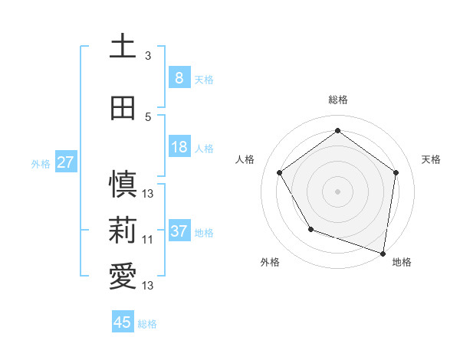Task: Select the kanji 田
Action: tap(123, 108)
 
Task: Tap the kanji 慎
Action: tap(123, 185)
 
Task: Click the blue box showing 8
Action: tap(179, 77)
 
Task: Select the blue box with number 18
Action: tap(179, 148)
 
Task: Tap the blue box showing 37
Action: tap(179, 231)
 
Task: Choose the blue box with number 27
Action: tap(65, 162)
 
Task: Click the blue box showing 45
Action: tap(123, 322)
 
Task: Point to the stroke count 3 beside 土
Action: tap(148, 56)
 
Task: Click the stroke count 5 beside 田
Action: tap(148, 117)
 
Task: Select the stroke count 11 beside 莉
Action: tap(148, 240)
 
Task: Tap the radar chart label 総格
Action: tap(337, 100)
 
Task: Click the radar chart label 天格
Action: tap(431, 159)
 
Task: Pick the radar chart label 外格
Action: tap(270, 262)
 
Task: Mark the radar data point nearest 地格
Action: tap(383, 252)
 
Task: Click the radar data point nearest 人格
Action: tap(279, 172)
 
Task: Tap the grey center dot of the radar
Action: tap(337, 191)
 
